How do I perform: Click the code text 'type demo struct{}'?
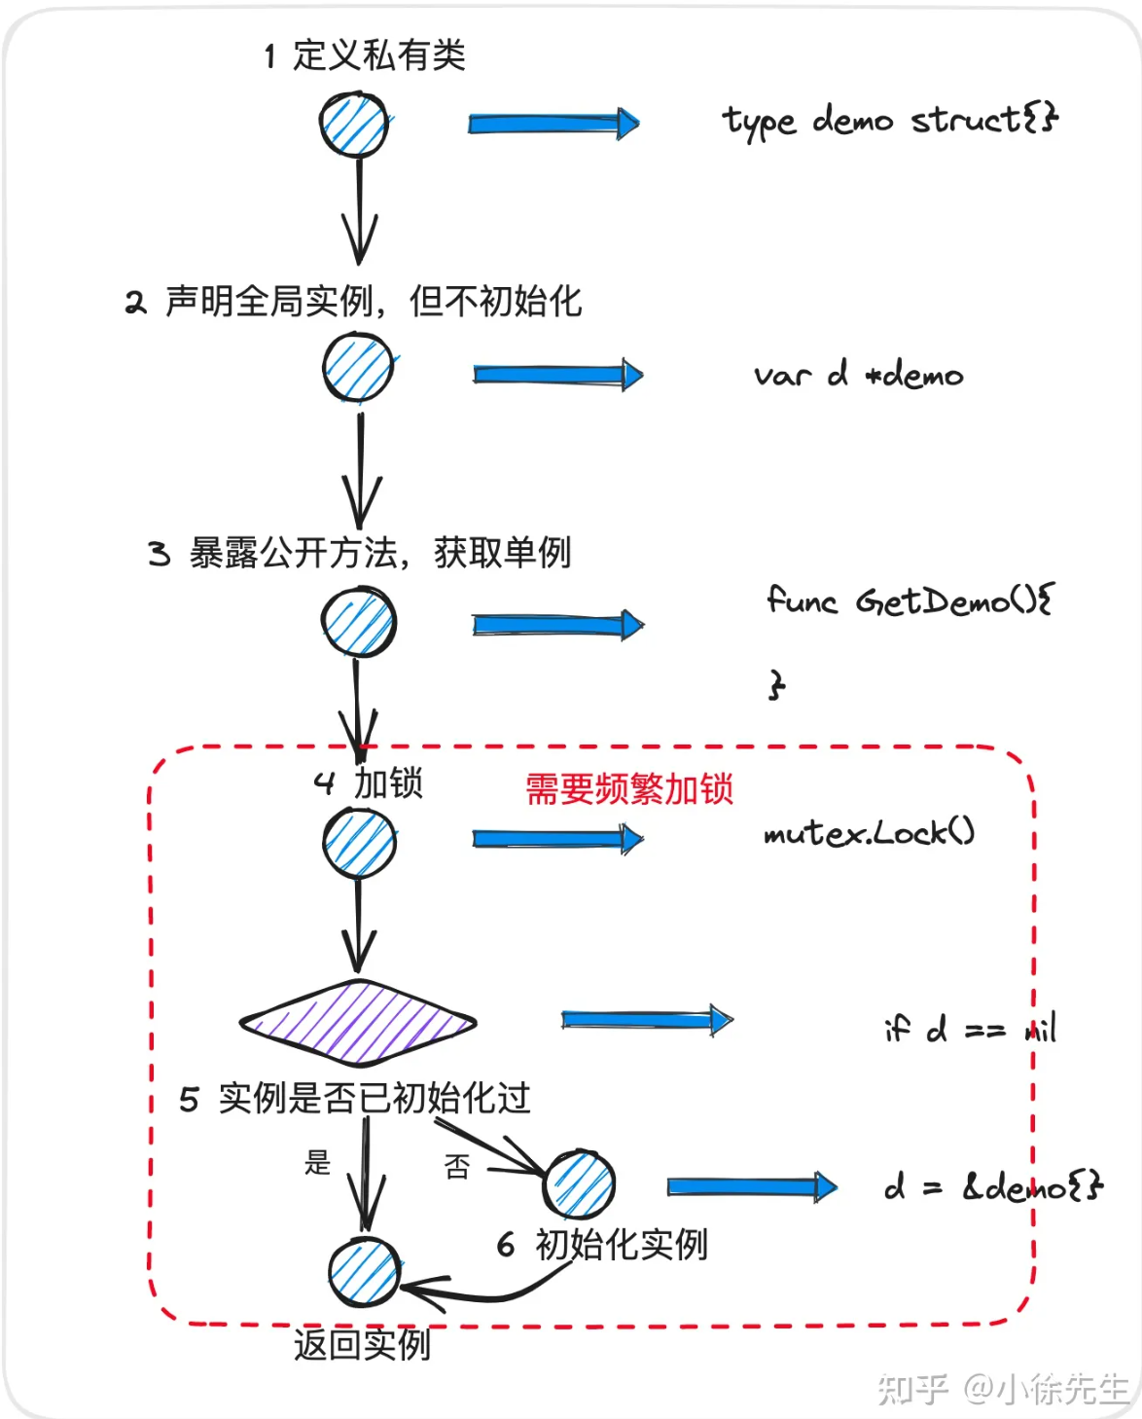(x=889, y=121)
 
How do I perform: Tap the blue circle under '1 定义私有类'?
(x=354, y=125)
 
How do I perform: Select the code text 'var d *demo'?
(x=858, y=375)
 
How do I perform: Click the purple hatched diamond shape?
(x=358, y=1022)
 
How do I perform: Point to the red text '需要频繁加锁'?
(x=629, y=788)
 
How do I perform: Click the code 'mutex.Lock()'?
(x=869, y=832)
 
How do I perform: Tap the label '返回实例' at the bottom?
(x=362, y=1344)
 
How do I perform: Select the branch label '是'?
(x=318, y=1162)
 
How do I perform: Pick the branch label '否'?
(x=457, y=1166)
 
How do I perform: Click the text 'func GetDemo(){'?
(x=910, y=600)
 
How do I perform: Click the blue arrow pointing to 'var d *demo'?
(x=557, y=375)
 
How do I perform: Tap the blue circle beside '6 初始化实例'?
(x=579, y=1184)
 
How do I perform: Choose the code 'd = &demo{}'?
(x=992, y=1186)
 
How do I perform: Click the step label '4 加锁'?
(x=369, y=782)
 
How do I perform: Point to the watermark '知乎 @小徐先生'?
(x=1002, y=1388)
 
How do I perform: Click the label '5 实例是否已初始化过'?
(x=355, y=1099)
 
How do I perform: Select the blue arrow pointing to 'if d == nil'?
(x=647, y=1019)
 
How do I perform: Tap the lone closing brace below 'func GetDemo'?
(x=775, y=684)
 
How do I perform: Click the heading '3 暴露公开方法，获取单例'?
(x=359, y=553)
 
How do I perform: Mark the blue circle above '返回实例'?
(x=364, y=1271)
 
